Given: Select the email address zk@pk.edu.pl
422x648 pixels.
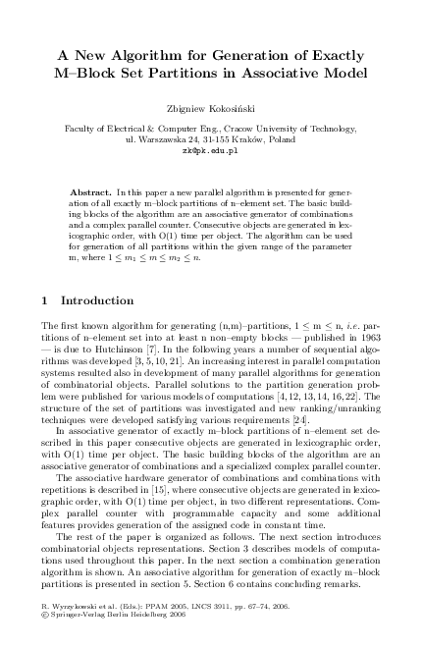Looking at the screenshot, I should point(211,152).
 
